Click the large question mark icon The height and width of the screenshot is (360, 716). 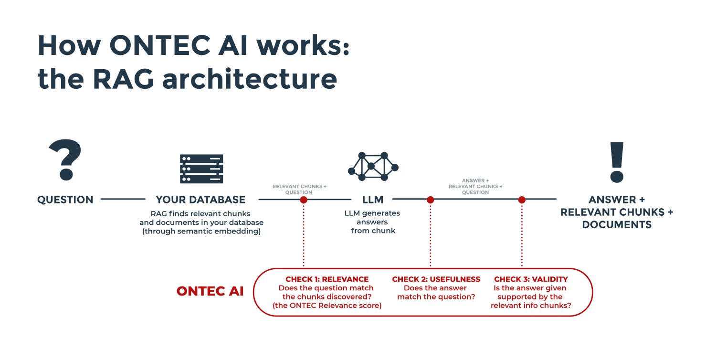pyautogui.click(x=65, y=159)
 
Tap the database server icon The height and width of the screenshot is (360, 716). pyautogui.click(x=201, y=169)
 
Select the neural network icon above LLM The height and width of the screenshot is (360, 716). pyautogui.click(x=373, y=166)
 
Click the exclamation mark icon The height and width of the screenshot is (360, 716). pyautogui.click(x=617, y=162)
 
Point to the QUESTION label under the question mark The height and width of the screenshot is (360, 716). pyautogui.click(x=65, y=200)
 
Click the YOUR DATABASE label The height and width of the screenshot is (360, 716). pyautogui.click(x=201, y=200)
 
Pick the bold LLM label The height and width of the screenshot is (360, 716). pyautogui.click(x=373, y=200)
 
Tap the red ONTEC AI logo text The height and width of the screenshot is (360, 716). pyautogui.click(x=210, y=291)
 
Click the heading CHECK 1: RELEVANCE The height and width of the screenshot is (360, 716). pyautogui.click(x=327, y=279)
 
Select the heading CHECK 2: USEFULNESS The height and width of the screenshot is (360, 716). pyautogui.click(x=436, y=279)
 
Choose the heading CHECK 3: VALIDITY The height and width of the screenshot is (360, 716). pyautogui.click(x=531, y=279)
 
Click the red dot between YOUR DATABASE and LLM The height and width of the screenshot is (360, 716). pyautogui.click(x=304, y=200)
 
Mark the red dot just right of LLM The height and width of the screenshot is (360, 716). pyautogui.click(x=431, y=200)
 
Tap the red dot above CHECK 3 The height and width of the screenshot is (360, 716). pyautogui.click(x=522, y=200)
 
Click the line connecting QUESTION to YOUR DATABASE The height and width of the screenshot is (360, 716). pyautogui.click(x=123, y=199)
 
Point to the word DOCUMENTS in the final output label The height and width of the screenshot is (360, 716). pyautogui.click(x=617, y=225)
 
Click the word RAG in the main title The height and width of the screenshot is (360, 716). pyautogui.click(x=124, y=79)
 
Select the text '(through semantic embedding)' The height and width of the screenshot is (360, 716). pyautogui.click(x=201, y=231)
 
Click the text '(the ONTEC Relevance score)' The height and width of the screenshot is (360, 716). pyautogui.click(x=327, y=306)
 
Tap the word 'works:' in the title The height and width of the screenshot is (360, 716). pyautogui.click(x=303, y=46)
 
